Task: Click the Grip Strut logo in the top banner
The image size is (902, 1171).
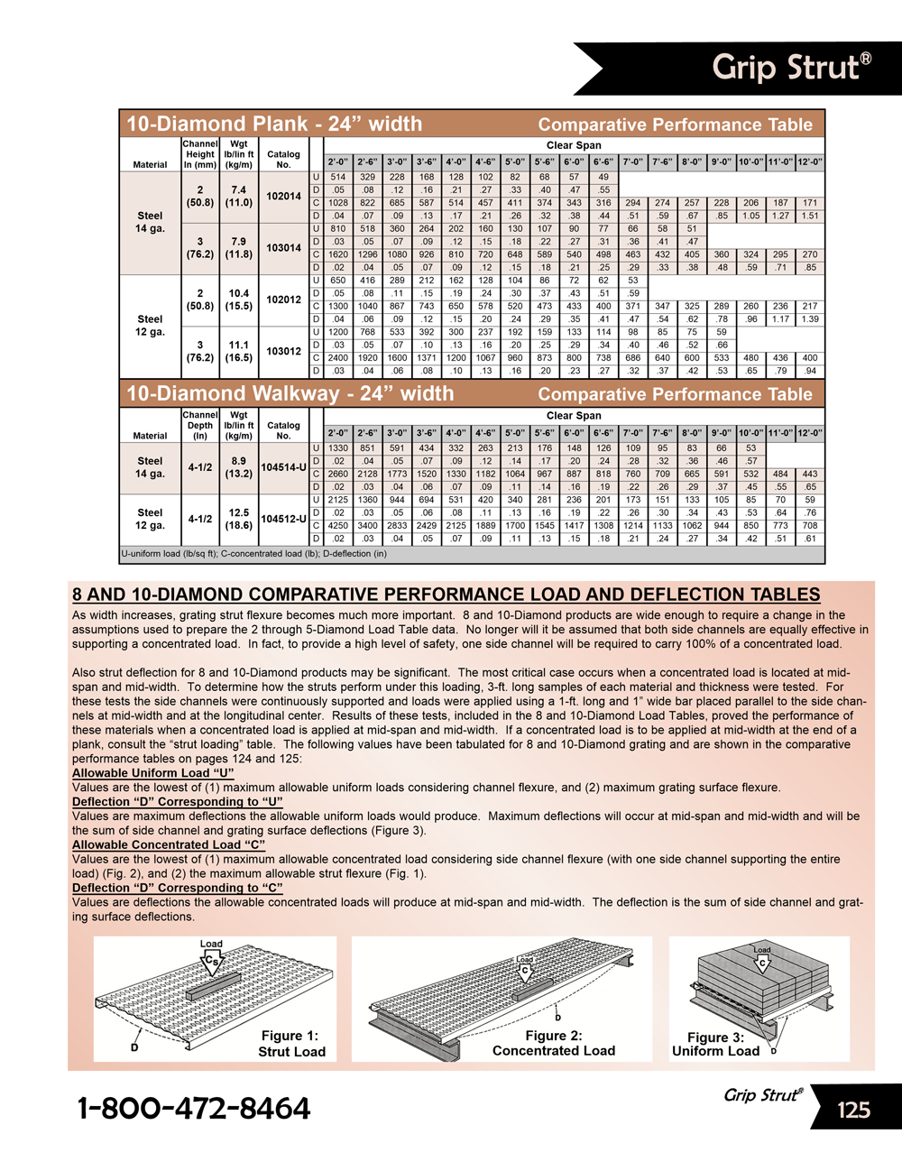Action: point(791,67)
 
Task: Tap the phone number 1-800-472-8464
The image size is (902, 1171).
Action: point(194,1109)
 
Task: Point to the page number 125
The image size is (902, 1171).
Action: point(852,1110)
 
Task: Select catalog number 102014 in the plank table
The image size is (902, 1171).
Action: point(283,197)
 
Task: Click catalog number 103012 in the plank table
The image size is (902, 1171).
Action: point(283,351)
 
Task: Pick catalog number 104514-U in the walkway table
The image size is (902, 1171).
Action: point(283,467)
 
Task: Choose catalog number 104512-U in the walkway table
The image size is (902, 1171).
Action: point(283,519)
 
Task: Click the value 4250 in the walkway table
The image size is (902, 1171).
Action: point(338,525)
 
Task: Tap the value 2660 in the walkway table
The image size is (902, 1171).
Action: point(338,474)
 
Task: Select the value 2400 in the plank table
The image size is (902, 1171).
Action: point(338,357)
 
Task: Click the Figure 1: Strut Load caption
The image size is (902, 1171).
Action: point(290,1044)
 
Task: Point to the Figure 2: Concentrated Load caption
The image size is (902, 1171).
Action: point(554,1043)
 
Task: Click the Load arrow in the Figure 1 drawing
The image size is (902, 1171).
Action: point(212,957)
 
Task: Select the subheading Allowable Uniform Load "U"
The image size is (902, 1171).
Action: point(152,773)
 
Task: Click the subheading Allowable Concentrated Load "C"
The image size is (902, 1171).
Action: point(169,845)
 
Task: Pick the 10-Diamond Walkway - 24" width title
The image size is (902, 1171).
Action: point(290,393)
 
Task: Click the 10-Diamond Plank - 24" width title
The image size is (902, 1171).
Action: point(274,124)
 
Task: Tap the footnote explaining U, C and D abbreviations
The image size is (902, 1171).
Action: point(253,554)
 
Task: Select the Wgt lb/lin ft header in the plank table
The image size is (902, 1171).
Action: point(239,154)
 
